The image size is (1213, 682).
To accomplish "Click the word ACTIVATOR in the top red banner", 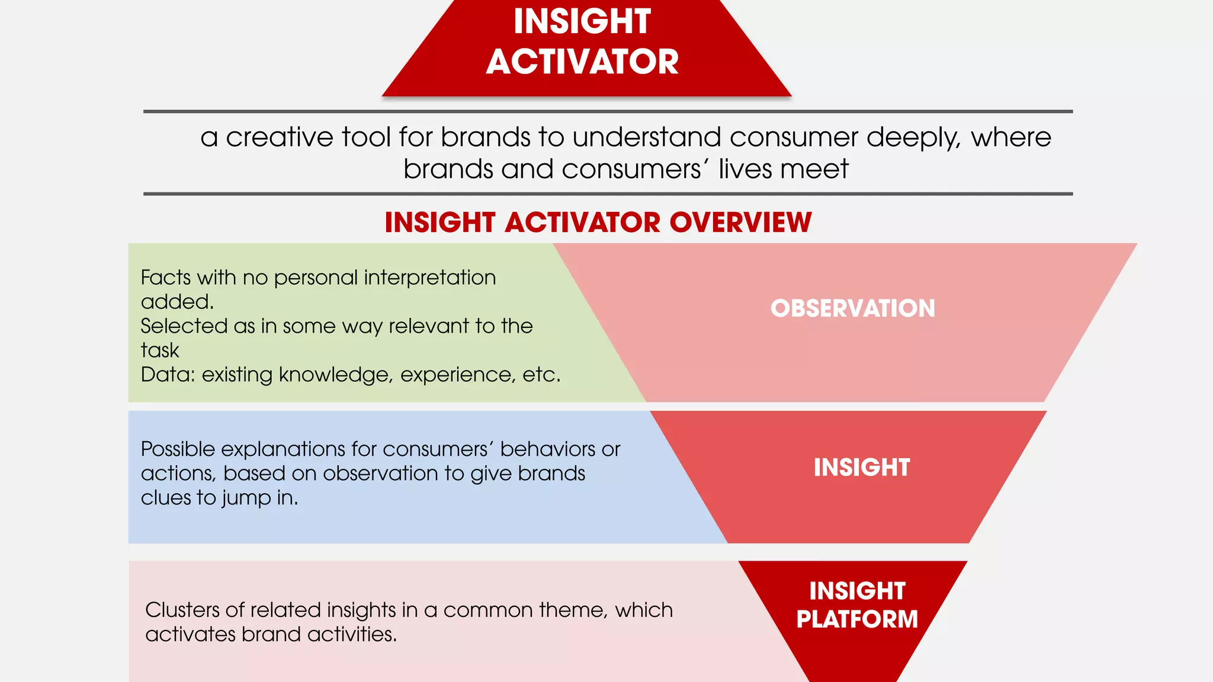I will [x=582, y=62].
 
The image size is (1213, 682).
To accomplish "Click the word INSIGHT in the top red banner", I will [x=582, y=21].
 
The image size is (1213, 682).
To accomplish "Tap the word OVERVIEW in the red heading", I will [x=740, y=223].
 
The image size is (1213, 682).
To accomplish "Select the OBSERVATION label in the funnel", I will [x=852, y=308].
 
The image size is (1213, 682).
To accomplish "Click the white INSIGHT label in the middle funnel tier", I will [x=861, y=468].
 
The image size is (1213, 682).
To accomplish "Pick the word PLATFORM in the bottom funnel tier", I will [x=856, y=619].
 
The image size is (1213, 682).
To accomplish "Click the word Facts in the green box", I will [x=165, y=278].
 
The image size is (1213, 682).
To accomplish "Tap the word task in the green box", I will [x=159, y=350].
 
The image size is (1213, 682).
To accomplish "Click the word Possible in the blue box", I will [x=178, y=449].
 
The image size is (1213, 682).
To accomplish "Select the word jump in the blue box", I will [x=246, y=498].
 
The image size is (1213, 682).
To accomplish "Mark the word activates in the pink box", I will [x=190, y=635].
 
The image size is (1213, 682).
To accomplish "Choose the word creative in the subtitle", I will [x=280, y=137].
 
